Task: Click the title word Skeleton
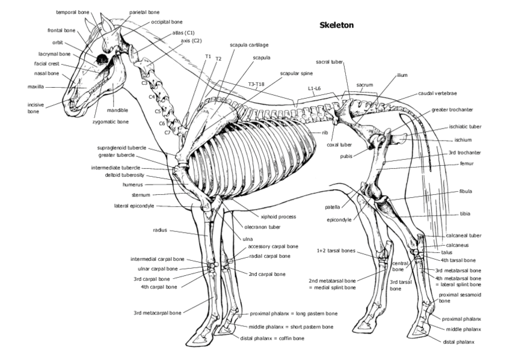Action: [336, 25]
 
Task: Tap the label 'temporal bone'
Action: [72, 12]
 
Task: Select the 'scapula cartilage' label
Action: [249, 44]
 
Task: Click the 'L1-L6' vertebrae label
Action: [315, 88]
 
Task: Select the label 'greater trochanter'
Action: [452, 110]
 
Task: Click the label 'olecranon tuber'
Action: [262, 227]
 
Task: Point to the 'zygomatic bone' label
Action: [110, 121]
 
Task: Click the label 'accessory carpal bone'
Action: [272, 246]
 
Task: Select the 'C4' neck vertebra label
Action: [152, 97]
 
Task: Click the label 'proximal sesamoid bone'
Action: [459, 297]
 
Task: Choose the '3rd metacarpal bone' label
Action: [157, 313]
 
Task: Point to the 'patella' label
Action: [332, 207]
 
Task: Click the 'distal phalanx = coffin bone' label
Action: [276, 338]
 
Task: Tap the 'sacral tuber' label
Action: [328, 62]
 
